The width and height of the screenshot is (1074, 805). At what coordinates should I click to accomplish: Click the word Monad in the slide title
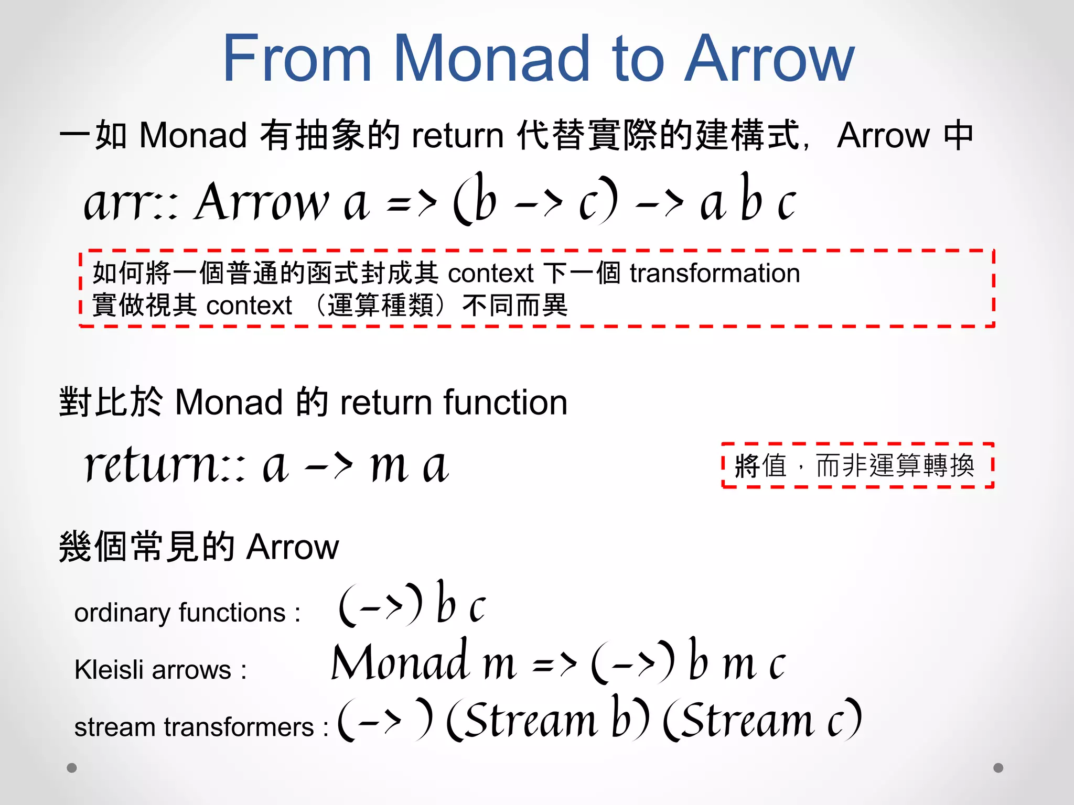tap(492, 59)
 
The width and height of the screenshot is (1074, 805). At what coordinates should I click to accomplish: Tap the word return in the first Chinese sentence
tap(457, 136)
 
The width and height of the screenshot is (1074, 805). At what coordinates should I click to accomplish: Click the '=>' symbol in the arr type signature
tap(411, 203)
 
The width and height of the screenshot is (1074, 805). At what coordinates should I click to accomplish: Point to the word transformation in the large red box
tap(714, 273)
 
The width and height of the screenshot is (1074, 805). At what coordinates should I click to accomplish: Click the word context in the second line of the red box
tap(249, 306)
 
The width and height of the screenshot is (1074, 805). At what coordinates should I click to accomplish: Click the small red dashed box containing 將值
tap(857, 465)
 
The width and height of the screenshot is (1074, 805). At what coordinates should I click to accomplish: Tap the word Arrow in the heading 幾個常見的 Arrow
tap(293, 547)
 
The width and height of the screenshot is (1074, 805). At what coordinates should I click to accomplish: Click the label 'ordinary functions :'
tap(187, 613)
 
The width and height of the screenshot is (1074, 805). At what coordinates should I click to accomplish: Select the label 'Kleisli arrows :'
tap(160, 670)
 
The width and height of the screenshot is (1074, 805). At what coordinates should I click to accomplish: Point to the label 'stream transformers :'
tap(201, 727)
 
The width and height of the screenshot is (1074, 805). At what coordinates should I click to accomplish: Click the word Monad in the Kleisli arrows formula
tap(400, 662)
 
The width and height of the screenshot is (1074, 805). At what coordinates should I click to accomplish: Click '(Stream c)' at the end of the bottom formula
tap(762, 719)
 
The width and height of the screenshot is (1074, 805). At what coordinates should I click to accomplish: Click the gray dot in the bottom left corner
tap(72, 768)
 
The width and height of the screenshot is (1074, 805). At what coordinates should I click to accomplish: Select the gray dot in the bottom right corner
tap(998, 768)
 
